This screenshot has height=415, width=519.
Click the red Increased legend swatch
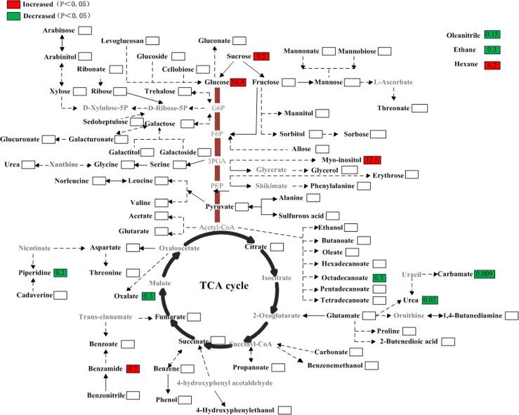11,4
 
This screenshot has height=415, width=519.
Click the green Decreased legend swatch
11,15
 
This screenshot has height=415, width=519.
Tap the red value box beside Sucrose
262,55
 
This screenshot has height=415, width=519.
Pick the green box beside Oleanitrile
494,34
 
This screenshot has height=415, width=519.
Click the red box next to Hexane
494,65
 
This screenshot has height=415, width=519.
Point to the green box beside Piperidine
60,272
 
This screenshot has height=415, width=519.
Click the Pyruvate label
219,206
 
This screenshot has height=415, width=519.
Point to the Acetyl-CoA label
218,228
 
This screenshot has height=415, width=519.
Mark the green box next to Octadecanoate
380,279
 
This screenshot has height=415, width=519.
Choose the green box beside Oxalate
148,296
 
